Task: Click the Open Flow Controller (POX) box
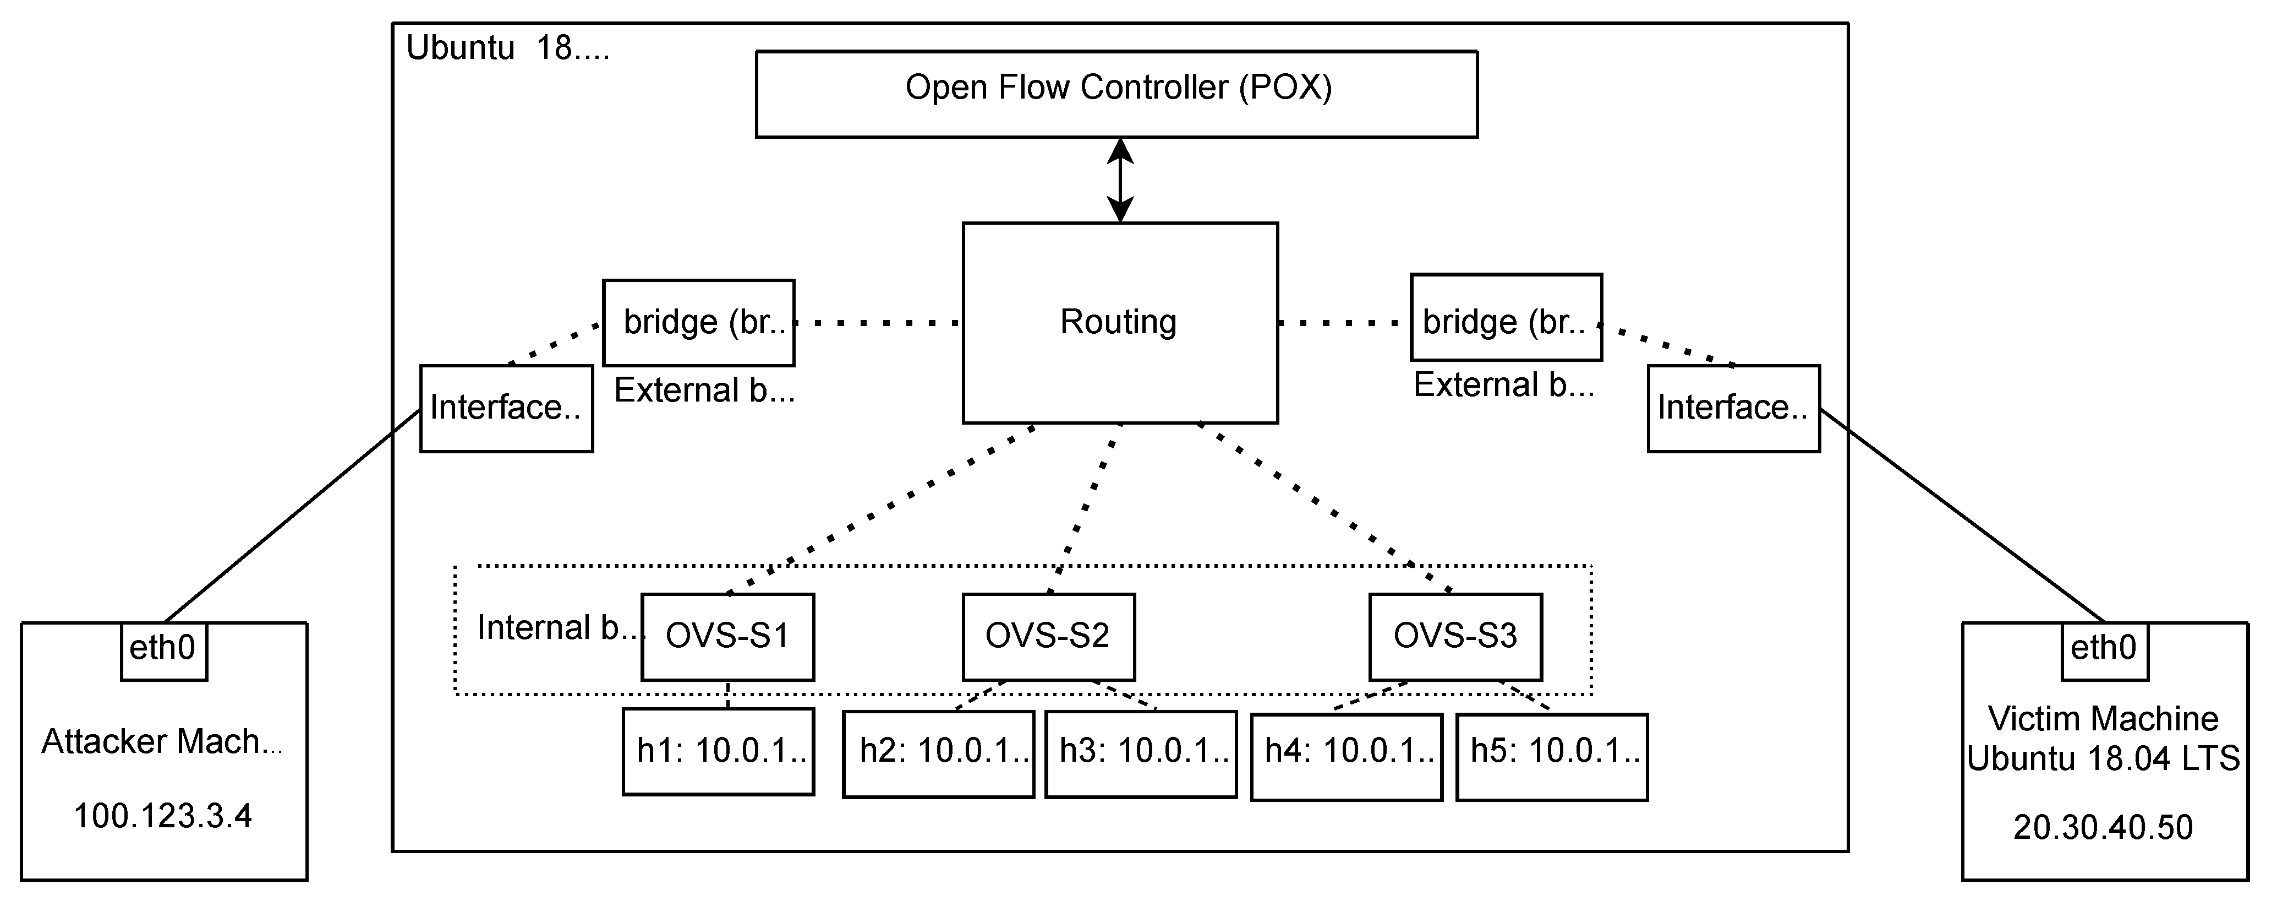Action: (x=1116, y=94)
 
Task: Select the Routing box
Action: (x=1120, y=323)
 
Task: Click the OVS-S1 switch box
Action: (x=727, y=637)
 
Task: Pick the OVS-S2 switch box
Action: (x=1048, y=637)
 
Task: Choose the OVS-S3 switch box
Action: (x=1456, y=637)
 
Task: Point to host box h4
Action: (x=1347, y=756)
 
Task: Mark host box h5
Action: (x=1552, y=756)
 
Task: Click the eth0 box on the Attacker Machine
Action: (x=163, y=651)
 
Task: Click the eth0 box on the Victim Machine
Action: (x=2105, y=651)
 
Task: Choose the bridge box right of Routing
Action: (x=1506, y=317)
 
